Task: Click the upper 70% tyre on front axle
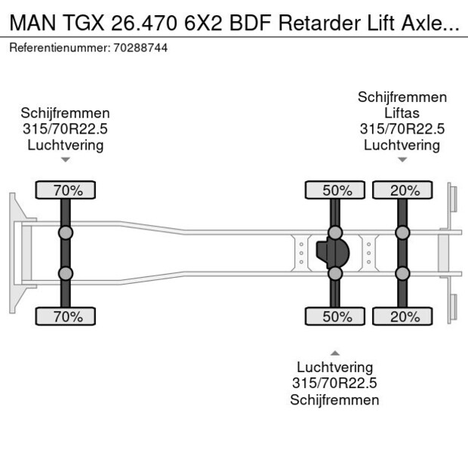(x=66, y=190)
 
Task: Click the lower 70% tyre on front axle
(x=66, y=317)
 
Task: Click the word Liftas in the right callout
(x=402, y=113)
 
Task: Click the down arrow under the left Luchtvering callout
(x=66, y=160)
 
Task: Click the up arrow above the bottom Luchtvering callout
(x=335, y=353)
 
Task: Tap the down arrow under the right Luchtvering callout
(x=402, y=160)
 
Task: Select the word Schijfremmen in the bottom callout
(x=334, y=400)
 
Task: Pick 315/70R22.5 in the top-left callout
(x=66, y=129)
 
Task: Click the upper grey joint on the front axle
(x=66, y=232)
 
